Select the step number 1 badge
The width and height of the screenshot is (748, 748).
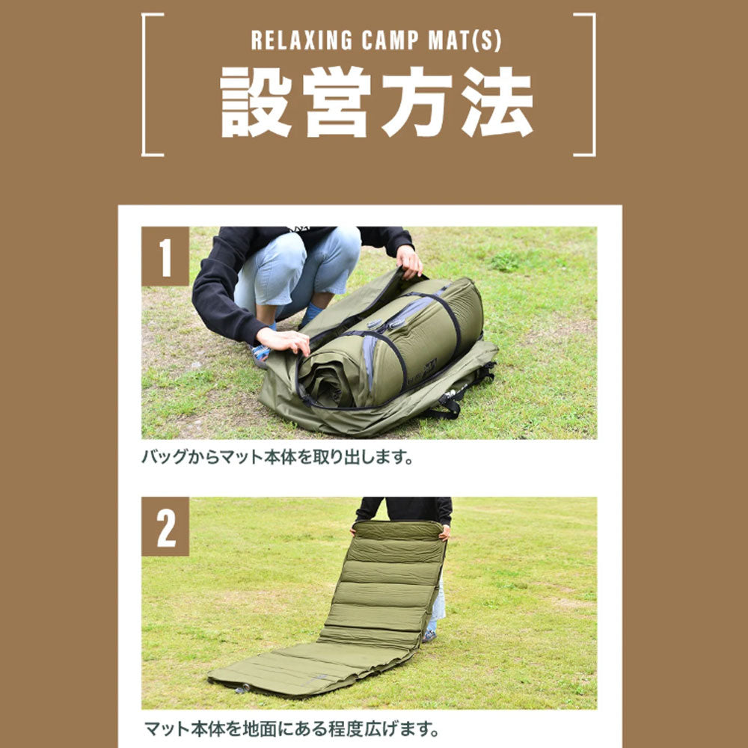click(x=165, y=257)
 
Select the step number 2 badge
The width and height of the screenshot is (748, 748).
click(x=165, y=527)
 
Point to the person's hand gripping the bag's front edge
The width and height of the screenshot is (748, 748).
click(x=284, y=341)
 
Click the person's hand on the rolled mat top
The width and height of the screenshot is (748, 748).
click(x=409, y=261)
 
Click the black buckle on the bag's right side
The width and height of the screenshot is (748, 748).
click(x=450, y=405)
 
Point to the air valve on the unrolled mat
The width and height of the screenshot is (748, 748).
click(x=241, y=688)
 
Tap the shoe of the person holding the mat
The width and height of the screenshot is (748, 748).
click(x=429, y=635)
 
